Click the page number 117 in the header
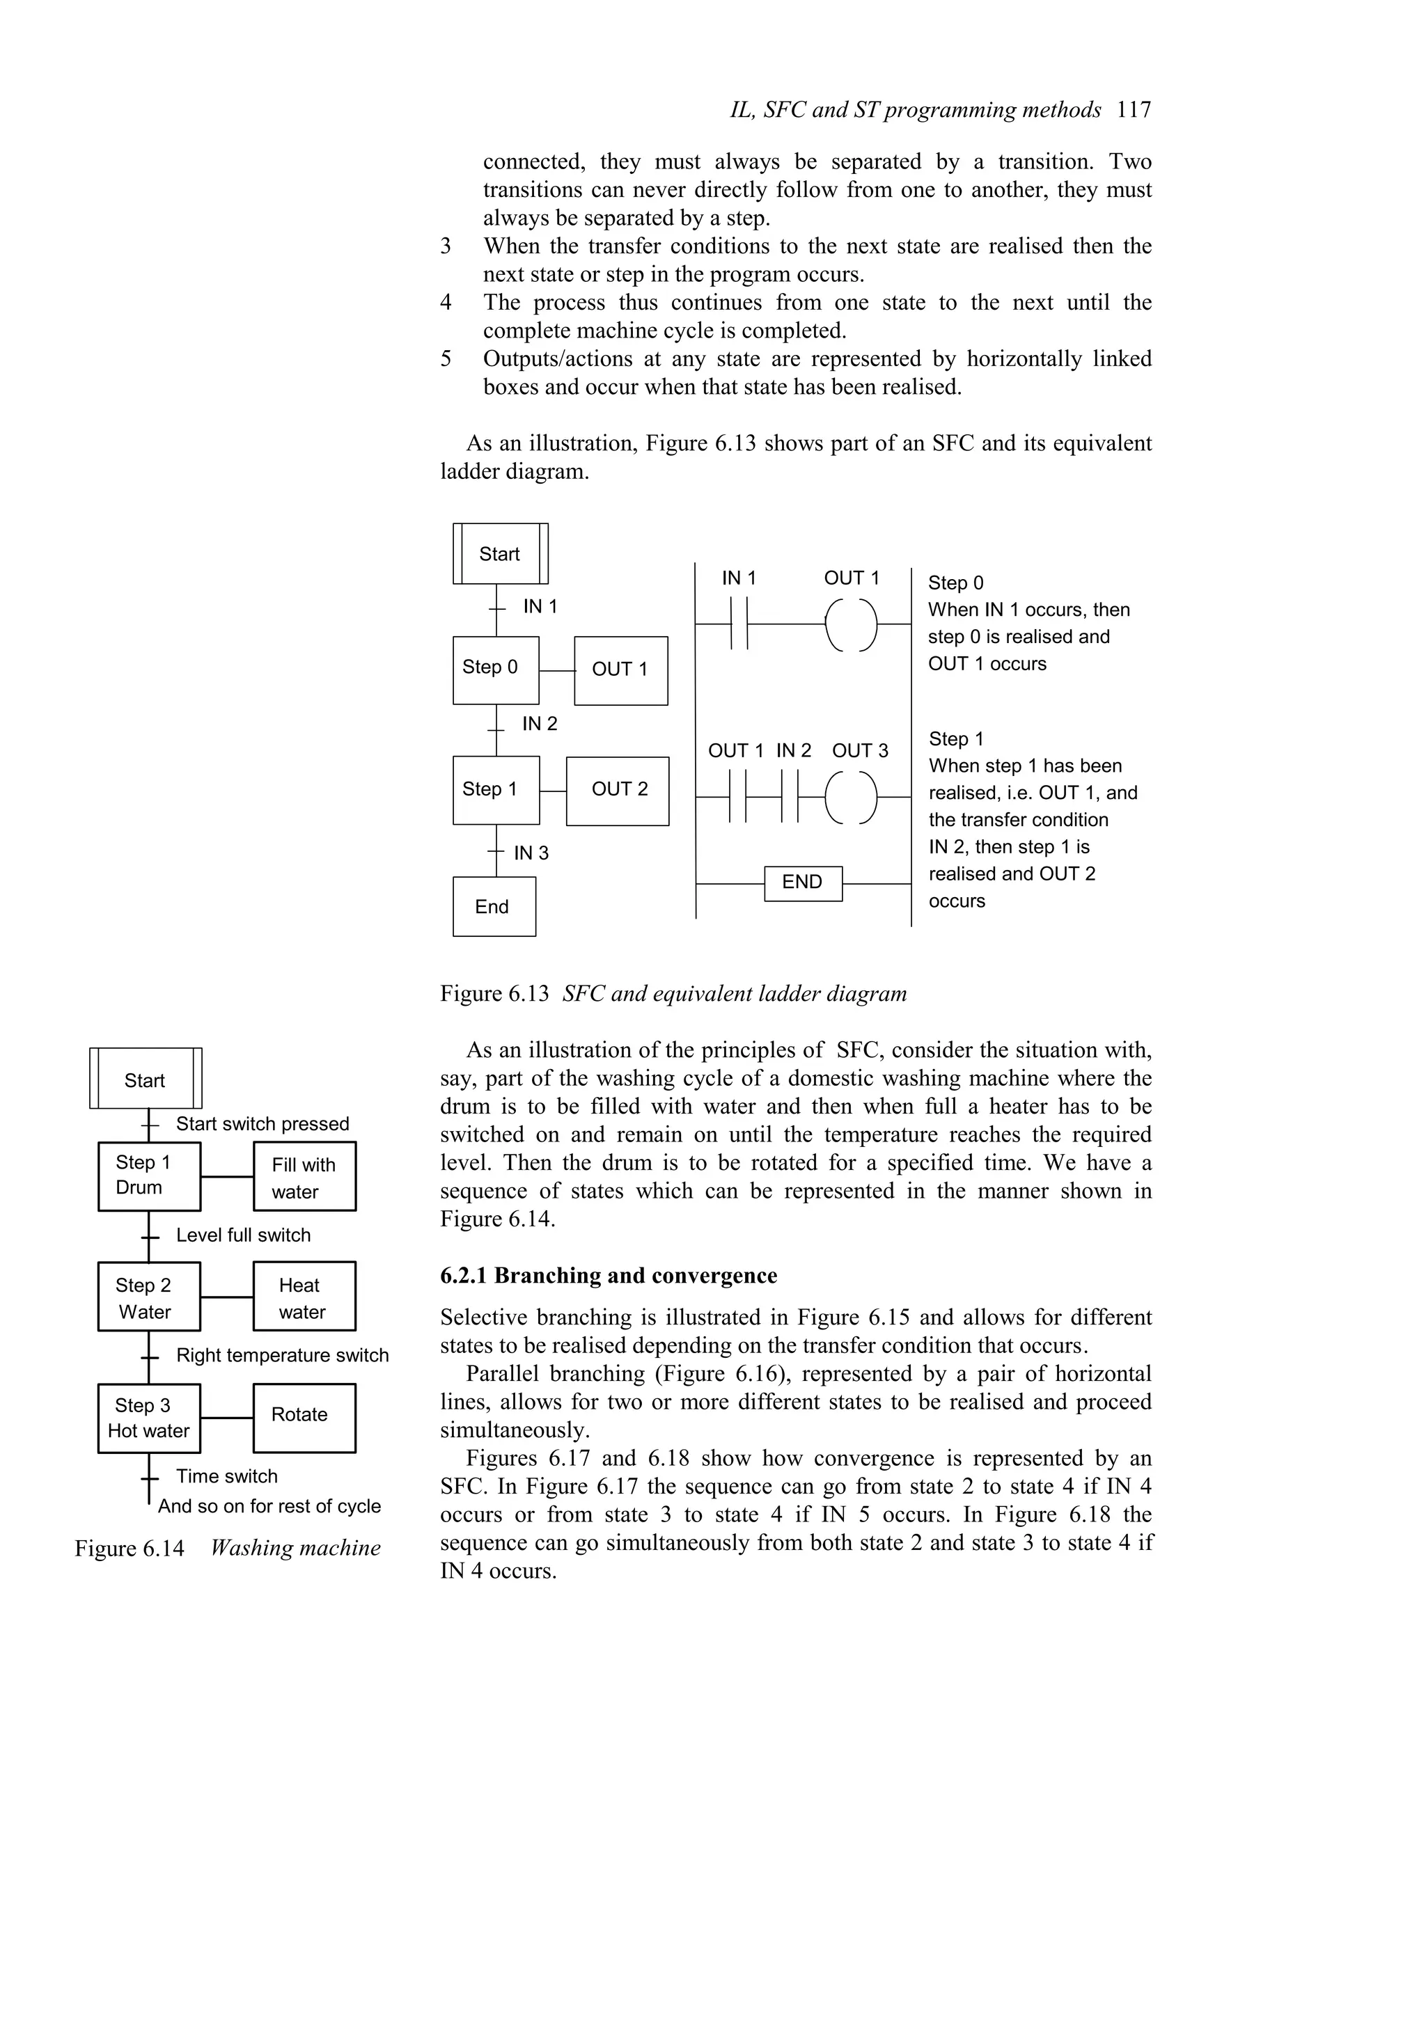(1134, 110)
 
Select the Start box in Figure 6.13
(500, 553)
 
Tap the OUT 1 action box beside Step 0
(620, 670)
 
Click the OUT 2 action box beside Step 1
(618, 790)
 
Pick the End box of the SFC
(494, 907)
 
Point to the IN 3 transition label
(531, 853)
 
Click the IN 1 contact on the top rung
(739, 624)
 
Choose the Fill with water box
(304, 1177)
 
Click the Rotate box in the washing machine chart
(304, 1417)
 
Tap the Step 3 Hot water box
(148, 1417)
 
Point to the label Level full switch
(244, 1235)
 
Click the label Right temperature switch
(282, 1356)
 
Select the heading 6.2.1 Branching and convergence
(608, 1276)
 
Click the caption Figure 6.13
(494, 994)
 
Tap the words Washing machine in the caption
(295, 1548)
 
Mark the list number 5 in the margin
(446, 359)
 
